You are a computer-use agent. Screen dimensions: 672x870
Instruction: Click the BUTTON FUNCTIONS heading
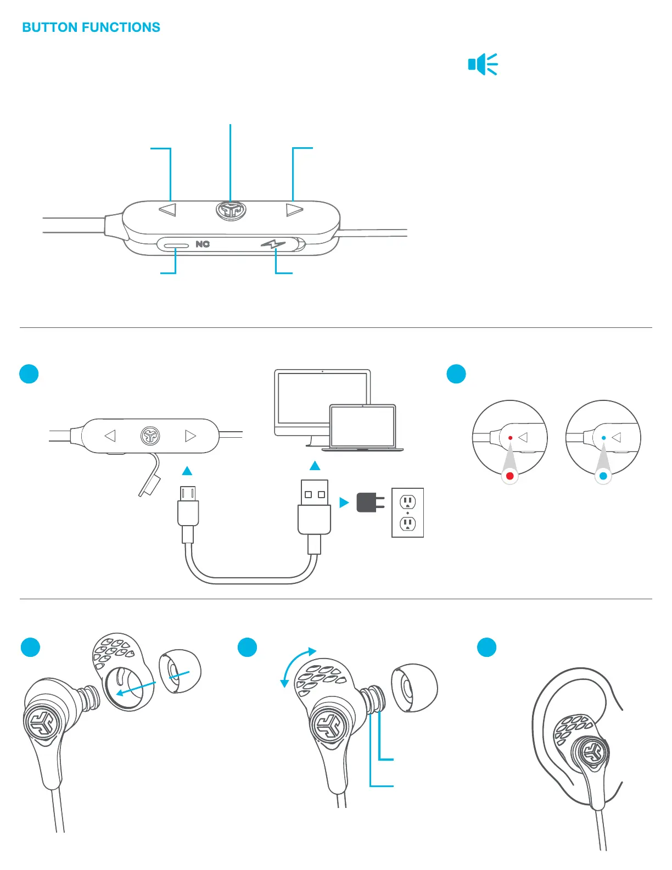click(91, 27)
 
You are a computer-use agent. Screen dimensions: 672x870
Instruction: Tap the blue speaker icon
click(483, 64)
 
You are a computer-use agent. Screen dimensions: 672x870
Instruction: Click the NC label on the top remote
click(203, 244)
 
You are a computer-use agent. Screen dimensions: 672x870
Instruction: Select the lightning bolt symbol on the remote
click(273, 244)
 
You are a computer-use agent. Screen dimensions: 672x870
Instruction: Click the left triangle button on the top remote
click(167, 210)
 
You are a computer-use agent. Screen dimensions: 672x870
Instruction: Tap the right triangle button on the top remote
click(294, 210)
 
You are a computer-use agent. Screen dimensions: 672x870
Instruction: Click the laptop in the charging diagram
click(362, 427)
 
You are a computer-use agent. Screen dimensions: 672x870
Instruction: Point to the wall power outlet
click(407, 512)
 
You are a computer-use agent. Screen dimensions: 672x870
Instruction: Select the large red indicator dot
click(510, 476)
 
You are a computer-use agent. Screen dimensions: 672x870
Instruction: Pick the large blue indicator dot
click(603, 476)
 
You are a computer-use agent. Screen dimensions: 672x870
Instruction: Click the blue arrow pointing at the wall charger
click(344, 502)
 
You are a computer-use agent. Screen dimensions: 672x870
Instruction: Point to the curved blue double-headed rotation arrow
click(295, 665)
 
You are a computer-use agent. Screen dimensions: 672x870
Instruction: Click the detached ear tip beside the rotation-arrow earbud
click(414, 688)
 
